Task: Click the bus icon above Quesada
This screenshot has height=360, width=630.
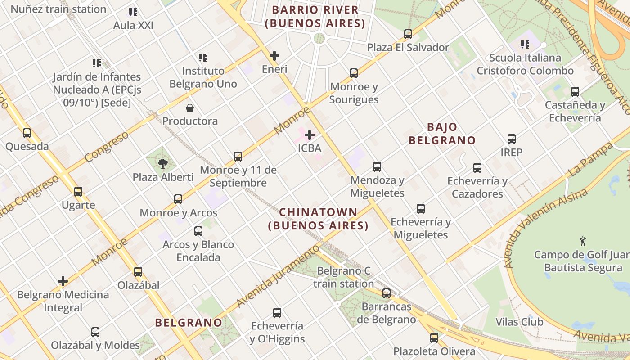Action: pyautogui.click(x=27, y=133)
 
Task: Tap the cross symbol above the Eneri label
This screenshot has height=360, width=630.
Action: pyautogui.click(x=274, y=56)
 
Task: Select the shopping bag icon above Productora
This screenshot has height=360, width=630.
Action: pyautogui.click(x=190, y=108)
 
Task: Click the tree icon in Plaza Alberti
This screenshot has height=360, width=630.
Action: pyautogui.click(x=163, y=164)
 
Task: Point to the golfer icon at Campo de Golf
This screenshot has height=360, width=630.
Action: pyautogui.click(x=583, y=242)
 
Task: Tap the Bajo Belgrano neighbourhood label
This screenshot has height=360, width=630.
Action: pyautogui.click(x=442, y=134)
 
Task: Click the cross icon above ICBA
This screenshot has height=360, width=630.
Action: pyautogui.click(x=310, y=135)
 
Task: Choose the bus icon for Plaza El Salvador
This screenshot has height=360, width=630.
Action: pyautogui.click(x=408, y=34)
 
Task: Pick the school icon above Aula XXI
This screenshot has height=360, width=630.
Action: pyautogui.click(x=133, y=12)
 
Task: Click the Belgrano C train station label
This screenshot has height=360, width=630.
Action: pyautogui.click(x=344, y=277)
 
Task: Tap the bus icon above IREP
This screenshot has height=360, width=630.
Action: pyautogui.click(x=512, y=139)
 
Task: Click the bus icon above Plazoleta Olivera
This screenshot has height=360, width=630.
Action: pyautogui.click(x=434, y=338)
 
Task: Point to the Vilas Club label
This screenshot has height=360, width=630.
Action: pyautogui.click(x=519, y=322)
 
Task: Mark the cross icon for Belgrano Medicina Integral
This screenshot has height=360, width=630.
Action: pyautogui.click(x=63, y=282)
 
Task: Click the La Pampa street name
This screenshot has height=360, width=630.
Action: pyautogui.click(x=590, y=160)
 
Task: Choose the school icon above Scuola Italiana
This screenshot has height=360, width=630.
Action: pyautogui.click(x=525, y=45)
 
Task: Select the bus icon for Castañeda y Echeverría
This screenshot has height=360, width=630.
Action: pyautogui.click(x=575, y=92)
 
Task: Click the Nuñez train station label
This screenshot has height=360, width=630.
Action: pyautogui.click(x=58, y=9)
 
